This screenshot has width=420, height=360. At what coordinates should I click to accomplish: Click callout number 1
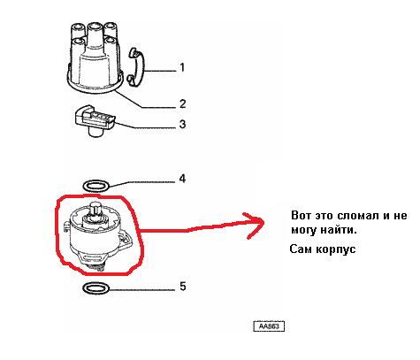pos(182,67)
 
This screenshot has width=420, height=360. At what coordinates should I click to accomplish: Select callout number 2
pos(182,103)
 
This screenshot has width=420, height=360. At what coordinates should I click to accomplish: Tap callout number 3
pos(182,124)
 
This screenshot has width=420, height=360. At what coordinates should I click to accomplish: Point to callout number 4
pos(182,179)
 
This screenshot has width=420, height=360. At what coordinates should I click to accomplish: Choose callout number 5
pos(183,287)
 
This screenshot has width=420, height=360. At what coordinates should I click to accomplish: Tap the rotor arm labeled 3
pos(95,120)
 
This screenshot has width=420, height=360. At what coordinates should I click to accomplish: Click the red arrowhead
pos(254,225)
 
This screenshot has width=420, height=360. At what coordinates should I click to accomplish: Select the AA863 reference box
pos(269,326)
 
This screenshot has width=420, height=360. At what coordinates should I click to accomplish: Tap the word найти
pos(339,230)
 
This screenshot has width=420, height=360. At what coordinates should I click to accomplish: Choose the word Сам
pos(301,249)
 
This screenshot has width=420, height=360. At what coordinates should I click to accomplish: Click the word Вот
pos(301,216)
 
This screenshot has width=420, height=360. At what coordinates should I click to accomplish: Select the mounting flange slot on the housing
pos(91,258)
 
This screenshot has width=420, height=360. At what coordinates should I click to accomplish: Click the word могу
pos(304,230)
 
